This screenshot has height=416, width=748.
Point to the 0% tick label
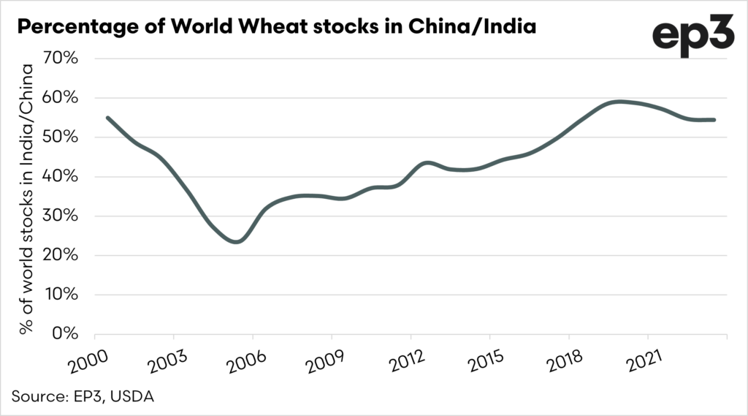point(66,334)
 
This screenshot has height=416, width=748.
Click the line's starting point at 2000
point(107,117)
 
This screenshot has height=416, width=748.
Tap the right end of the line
point(714,120)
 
